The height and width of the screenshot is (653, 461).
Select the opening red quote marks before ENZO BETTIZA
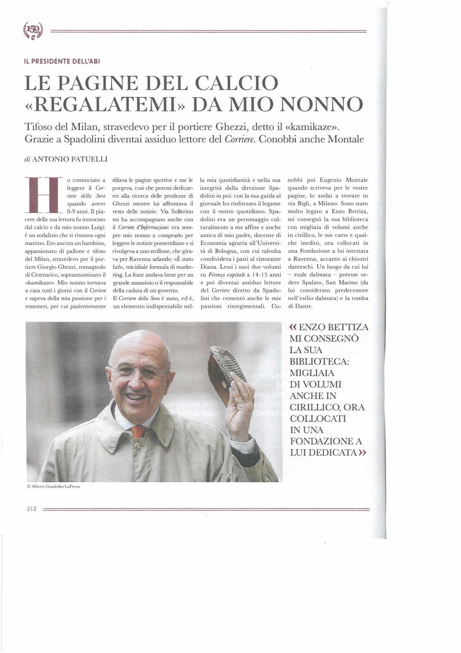click(x=293, y=327)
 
